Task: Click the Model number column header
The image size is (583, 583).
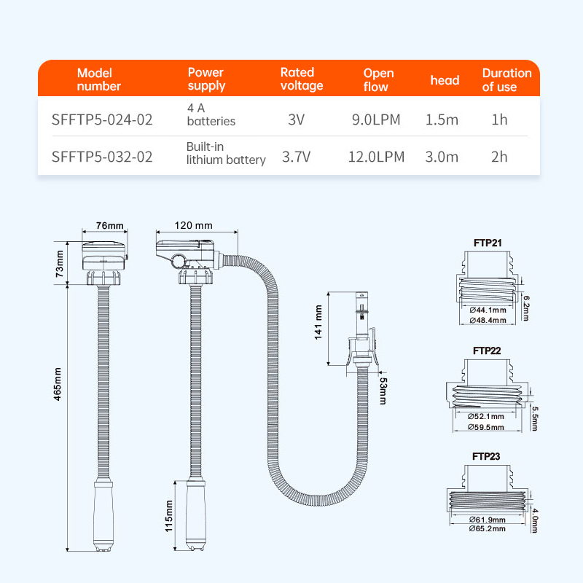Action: tap(99, 79)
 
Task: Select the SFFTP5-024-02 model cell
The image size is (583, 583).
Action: tap(102, 120)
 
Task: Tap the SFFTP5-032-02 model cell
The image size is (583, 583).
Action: tap(102, 157)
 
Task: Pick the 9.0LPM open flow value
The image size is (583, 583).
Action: tap(376, 120)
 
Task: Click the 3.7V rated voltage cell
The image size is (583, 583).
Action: tap(297, 157)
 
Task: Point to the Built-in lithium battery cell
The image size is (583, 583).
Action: tap(226, 153)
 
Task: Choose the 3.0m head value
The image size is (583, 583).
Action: tap(442, 157)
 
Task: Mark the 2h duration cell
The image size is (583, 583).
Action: tap(499, 157)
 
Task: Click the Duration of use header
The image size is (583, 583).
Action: tap(506, 80)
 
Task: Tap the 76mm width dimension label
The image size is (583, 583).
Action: tap(110, 226)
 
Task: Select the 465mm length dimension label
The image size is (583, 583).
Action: tap(58, 384)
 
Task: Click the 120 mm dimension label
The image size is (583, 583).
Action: tap(194, 225)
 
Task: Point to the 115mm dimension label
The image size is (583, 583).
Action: tap(169, 516)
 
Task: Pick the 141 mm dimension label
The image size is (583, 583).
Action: tap(318, 322)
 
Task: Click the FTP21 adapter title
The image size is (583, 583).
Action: tap(488, 243)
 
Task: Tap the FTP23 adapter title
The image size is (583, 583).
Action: tap(486, 457)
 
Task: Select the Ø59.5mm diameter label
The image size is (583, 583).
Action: tap(486, 427)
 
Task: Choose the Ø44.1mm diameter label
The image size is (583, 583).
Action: tap(488, 310)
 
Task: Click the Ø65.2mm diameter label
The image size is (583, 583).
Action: tap(487, 529)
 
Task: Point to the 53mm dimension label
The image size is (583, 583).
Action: tap(383, 391)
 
